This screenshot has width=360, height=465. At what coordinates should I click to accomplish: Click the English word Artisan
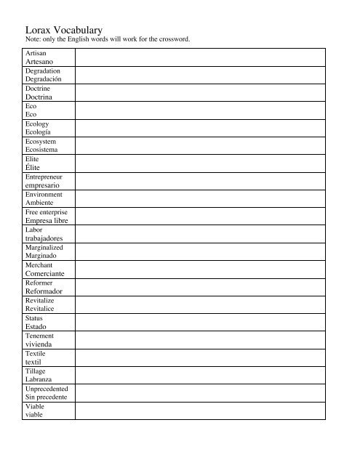tap(36, 54)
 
